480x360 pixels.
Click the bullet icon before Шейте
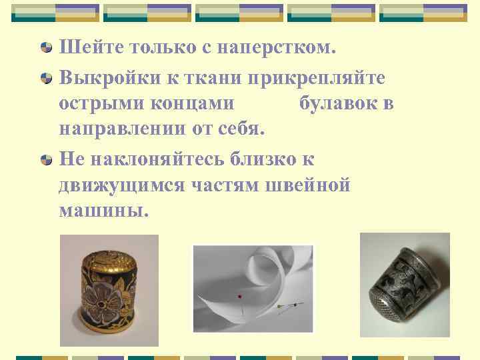(x=47, y=47)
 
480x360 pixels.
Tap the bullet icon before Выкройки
(x=47, y=78)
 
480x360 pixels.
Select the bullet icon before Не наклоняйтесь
(x=47, y=160)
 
